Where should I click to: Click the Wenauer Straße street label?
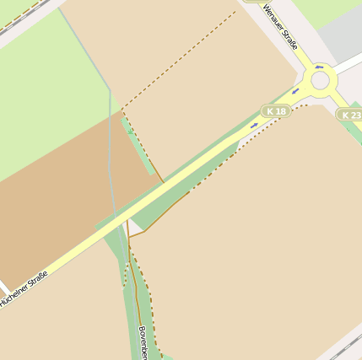coord(280,27)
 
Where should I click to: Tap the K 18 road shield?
coord(275,111)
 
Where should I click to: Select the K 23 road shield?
coord(349,114)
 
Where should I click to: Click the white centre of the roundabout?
coord(320,81)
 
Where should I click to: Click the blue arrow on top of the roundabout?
coord(319,67)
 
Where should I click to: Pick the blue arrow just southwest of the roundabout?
coord(296,91)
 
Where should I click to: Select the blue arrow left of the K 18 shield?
coord(254,125)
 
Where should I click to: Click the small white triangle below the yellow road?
coord(133,228)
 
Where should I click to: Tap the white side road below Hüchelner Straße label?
coord(5,292)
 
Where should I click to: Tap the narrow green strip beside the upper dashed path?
coord(139,148)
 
